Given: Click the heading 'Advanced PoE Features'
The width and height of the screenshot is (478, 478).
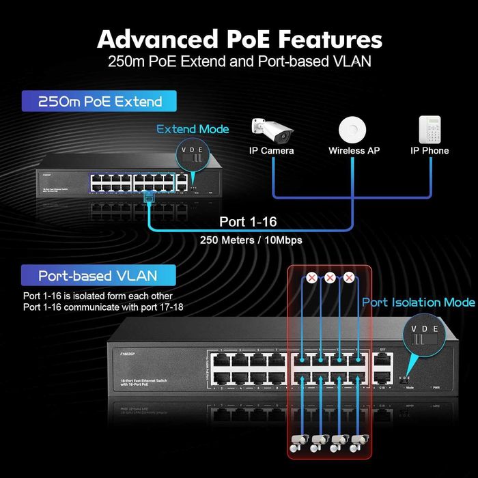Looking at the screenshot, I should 239,38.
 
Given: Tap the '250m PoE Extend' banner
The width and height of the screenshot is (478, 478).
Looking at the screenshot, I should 100,102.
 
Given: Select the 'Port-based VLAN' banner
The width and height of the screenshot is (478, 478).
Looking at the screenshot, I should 98,276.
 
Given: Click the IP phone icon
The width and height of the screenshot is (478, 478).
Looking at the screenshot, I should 430,128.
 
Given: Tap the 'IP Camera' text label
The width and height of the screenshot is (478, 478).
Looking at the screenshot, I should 272,150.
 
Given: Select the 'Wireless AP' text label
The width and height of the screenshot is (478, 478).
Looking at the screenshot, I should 354,150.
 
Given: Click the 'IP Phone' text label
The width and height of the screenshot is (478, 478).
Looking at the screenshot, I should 430,150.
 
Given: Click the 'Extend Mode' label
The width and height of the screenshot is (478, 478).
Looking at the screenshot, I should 193,129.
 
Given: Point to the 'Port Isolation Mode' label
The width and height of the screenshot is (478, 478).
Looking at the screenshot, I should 418,302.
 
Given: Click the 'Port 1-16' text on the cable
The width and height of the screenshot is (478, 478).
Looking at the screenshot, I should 248,222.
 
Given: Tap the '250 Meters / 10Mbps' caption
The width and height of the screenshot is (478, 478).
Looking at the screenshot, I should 251,240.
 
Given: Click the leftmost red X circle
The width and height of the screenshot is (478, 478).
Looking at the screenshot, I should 311,278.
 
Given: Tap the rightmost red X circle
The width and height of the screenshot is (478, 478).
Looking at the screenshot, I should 350,278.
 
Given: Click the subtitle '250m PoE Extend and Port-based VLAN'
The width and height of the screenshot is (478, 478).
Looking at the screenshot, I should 239,61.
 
